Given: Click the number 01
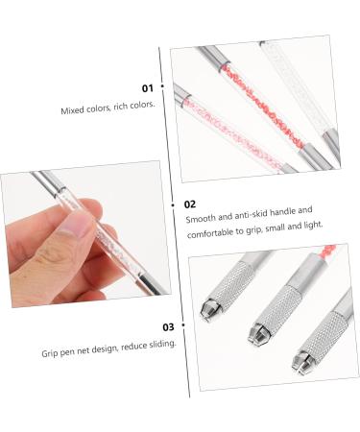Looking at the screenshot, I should tap(147, 87).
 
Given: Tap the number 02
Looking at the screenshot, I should tap(190, 204).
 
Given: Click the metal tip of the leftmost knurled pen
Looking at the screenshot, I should tap(209, 310).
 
